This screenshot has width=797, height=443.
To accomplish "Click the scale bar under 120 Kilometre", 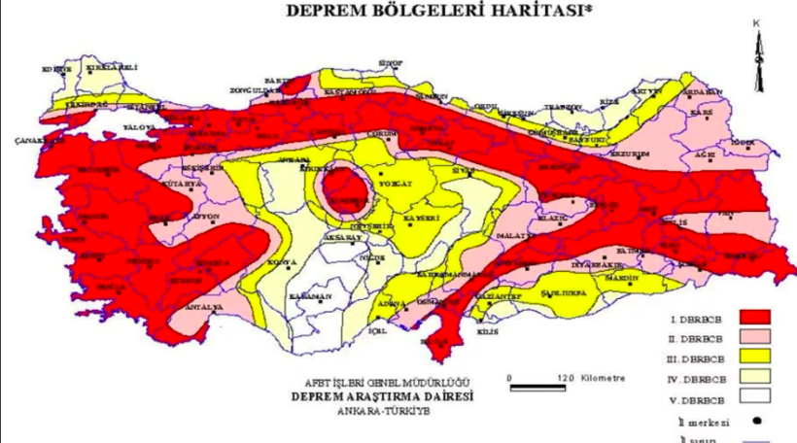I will click(x=538, y=388).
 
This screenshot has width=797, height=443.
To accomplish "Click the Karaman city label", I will click(x=311, y=296).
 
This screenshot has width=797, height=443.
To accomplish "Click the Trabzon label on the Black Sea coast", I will click(x=564, y=107).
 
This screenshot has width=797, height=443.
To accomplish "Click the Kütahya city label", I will click(x=183, y=184).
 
